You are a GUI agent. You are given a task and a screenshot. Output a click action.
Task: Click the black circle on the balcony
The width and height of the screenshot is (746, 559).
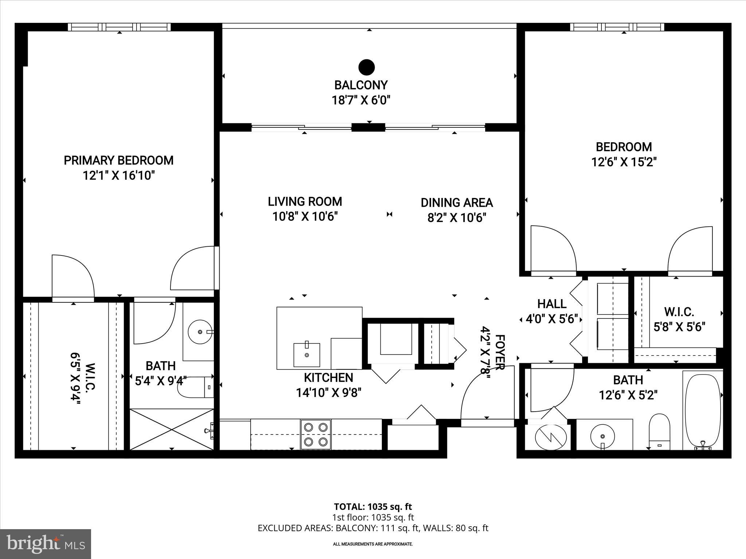pos(366,67)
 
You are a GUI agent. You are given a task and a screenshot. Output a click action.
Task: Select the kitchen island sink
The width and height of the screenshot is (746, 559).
pos(307,354)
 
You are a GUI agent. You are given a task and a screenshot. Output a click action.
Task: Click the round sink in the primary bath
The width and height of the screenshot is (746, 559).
pos(200,332)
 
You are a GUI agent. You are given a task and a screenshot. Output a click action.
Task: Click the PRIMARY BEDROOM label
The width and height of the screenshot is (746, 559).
pos(119,160)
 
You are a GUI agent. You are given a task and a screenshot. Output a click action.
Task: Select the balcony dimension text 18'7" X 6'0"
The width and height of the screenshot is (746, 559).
pos(361,100)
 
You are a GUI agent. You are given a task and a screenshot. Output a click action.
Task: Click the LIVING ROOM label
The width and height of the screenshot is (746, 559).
pos(305,201)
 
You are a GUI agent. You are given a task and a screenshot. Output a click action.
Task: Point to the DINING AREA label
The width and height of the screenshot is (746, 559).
pos(457,203)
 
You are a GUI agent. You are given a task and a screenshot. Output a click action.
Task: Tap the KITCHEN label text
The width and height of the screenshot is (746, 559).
pos(329,377)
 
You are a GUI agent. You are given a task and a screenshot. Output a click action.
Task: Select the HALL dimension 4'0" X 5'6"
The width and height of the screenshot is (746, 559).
pos(552,319)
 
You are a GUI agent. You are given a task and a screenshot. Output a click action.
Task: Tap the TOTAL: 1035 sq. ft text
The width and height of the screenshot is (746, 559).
pos(373,506)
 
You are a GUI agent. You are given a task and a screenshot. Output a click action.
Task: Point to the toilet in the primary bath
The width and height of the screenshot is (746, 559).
pos(196,387)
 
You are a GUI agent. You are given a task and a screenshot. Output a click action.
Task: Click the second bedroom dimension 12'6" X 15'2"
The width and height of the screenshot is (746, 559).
pos(624,162)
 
